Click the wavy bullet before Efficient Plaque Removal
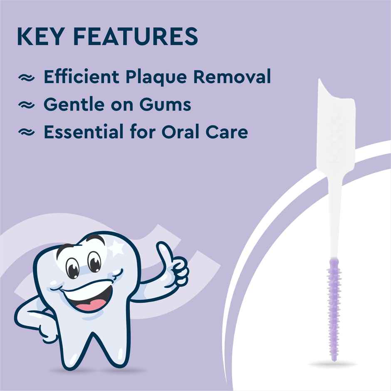26,79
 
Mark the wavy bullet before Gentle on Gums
26,106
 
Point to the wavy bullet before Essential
26,133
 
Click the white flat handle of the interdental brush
336,125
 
